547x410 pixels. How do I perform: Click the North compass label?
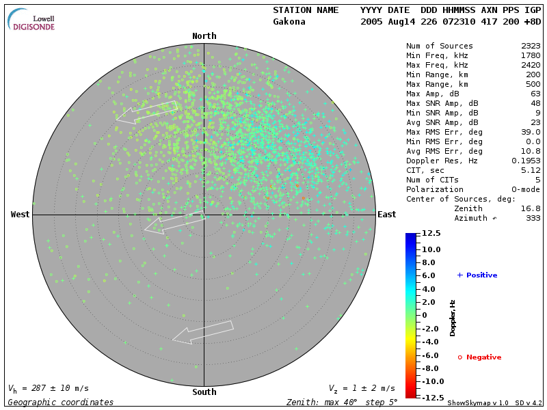pos(204,36)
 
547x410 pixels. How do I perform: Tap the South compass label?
pos(204,392)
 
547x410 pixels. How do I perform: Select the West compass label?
pos(21,215)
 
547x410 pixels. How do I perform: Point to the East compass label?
pos(387,215)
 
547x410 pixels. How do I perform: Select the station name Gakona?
pos(289,22)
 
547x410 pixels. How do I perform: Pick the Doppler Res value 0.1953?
pos(526,161)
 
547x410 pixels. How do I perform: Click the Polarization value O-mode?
pos(523,189)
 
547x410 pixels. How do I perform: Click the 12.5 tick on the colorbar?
pos(431,234)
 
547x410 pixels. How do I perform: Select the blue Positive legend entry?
pos(477,275)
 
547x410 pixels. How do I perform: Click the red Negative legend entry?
pos(479,357)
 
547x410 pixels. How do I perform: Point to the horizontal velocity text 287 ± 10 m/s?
pos(54,388)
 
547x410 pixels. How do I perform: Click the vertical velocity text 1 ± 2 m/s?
pos(367,388)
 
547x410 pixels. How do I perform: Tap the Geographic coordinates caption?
pos(61,402)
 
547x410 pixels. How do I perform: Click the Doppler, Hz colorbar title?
pos(453,317)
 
